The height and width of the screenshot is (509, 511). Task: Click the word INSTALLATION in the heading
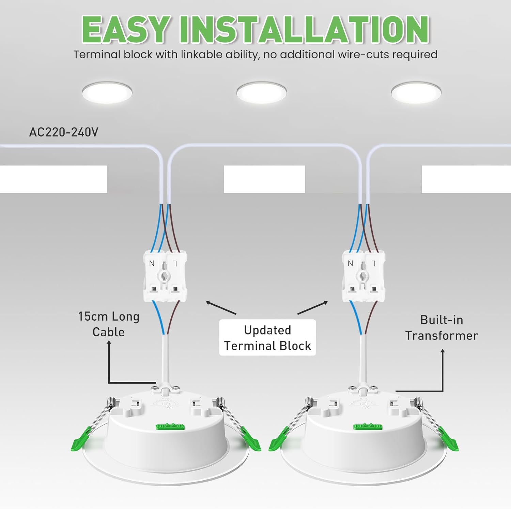(304, 30)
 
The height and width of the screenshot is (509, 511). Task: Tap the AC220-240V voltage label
(64, 132)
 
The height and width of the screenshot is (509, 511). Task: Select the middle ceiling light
(261, 92)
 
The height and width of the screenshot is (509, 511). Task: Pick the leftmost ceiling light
(107, 92)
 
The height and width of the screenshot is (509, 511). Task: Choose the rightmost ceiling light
(416, 92)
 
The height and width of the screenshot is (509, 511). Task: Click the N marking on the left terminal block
(152, 263)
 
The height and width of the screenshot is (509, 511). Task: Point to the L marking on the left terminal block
(175, 263)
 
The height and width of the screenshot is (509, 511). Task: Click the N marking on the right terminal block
(351, 263)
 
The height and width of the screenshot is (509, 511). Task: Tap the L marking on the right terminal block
(373, 263)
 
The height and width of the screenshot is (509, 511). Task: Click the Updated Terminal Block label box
(267, 338)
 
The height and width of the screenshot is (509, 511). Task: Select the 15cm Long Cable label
(109, 324)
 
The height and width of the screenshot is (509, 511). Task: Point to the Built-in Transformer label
(442, 328)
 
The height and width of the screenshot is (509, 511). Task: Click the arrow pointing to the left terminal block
(221, 307)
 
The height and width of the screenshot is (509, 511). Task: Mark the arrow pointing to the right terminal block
(313, 307)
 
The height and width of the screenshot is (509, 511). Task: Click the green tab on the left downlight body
(170, 426)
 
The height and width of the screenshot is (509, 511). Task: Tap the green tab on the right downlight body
(368, 426)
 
